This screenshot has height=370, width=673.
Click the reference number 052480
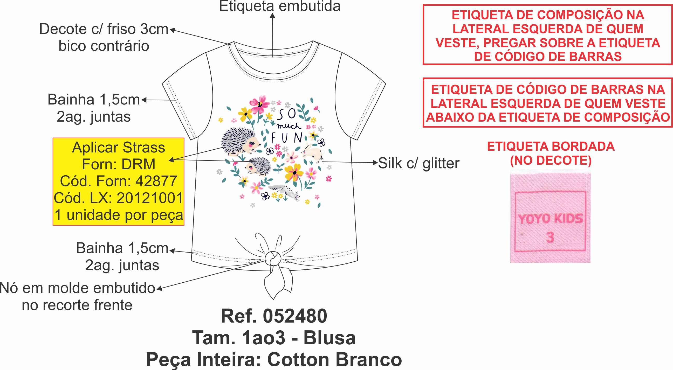click(295, 316)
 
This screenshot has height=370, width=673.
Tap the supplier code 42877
click(156, 181)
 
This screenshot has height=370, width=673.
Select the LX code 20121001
click(149, 198)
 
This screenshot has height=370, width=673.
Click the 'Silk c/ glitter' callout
click(418, 163)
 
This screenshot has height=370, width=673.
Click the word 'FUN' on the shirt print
click(286, 138)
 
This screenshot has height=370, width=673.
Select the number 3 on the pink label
click(550, 238)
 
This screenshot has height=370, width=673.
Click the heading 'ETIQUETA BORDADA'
click(551, 147)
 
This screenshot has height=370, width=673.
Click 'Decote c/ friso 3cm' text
click(104, 29)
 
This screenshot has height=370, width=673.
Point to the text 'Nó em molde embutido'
click(78, 288)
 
